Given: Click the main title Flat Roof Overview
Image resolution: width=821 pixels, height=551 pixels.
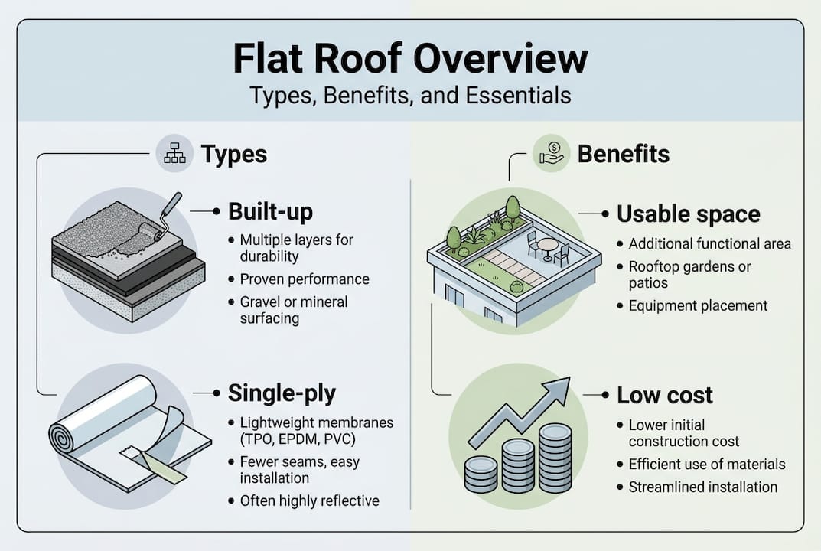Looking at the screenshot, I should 410,60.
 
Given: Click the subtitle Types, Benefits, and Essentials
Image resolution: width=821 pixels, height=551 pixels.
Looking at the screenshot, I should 410,96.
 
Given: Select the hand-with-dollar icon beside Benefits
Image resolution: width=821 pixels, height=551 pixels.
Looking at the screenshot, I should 552,154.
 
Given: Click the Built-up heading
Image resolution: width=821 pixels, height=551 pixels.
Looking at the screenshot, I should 270,212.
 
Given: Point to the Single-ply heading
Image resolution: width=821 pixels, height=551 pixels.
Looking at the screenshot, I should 282,394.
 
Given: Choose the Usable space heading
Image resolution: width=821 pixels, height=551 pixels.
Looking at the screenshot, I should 688,214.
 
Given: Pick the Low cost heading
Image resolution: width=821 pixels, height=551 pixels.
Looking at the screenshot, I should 664,395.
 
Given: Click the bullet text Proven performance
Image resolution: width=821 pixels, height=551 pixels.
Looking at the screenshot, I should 305,279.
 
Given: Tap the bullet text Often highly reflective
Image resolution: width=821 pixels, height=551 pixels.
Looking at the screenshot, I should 309,501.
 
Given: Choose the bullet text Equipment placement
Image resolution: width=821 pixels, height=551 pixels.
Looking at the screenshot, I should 698,305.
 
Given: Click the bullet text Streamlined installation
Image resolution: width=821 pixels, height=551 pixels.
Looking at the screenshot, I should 702,487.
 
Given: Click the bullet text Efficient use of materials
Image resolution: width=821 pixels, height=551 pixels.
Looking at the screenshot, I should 706,464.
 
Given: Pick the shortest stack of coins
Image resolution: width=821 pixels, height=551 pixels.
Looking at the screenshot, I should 481,475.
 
